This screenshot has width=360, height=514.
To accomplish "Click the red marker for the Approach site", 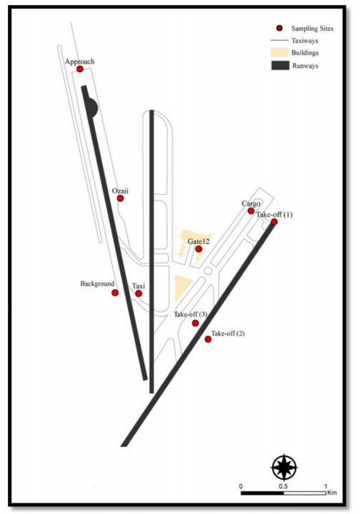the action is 80,69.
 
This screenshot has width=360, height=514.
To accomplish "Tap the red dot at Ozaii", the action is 120,198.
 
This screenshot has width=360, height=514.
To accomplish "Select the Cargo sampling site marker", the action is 251,211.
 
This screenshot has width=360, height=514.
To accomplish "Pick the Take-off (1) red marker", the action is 274,222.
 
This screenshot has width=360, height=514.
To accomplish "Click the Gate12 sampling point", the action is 199,249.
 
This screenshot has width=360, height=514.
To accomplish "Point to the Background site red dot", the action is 115,293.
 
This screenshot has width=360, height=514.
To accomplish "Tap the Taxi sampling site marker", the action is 139,293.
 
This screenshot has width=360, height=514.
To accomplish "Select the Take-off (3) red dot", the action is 196,323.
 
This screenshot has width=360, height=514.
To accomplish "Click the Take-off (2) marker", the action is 208,339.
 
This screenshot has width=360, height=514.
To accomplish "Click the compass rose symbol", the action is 284,467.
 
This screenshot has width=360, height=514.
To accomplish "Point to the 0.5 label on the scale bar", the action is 284,486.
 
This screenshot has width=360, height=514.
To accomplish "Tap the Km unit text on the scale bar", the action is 332,493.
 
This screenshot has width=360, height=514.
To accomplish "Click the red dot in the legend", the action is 279,28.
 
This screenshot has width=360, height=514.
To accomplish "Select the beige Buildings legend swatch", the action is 280,52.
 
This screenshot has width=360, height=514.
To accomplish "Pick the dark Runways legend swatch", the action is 280,65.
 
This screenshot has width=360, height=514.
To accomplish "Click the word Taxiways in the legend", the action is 304,41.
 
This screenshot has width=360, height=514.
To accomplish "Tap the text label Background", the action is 97,283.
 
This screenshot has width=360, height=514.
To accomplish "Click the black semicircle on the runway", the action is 92,107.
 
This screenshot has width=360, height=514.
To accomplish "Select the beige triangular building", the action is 182,288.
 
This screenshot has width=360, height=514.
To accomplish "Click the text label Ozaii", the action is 120,191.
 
